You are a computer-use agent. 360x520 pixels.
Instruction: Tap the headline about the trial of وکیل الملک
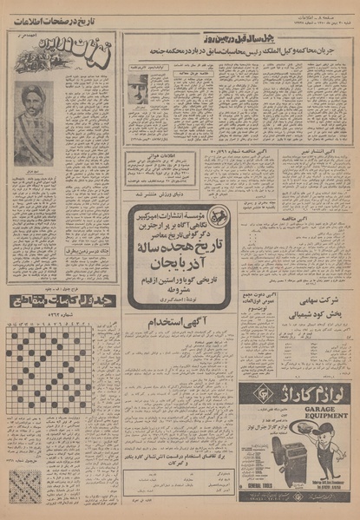click(239, 50)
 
